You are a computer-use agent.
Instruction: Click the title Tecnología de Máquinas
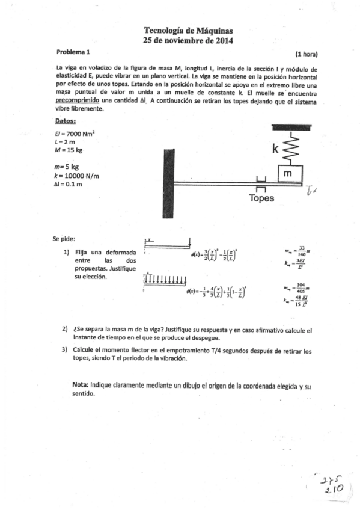(188, 30)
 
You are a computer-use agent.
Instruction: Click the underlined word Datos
(65, 121)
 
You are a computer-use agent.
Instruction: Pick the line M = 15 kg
(67, 150)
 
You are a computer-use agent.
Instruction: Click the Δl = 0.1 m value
(68, 184)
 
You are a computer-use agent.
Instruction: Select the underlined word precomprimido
(77, 101)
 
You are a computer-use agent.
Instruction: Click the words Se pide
(64, 238)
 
